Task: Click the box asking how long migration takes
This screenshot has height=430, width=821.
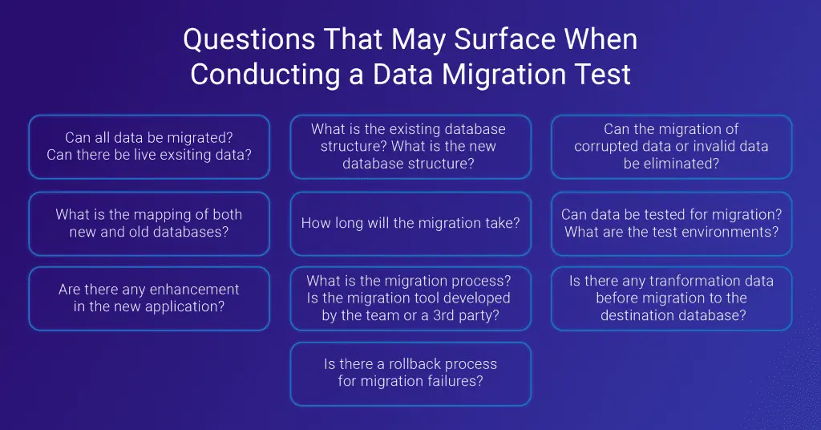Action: coord(410,224)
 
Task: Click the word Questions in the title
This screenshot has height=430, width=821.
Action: coord(249,39)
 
